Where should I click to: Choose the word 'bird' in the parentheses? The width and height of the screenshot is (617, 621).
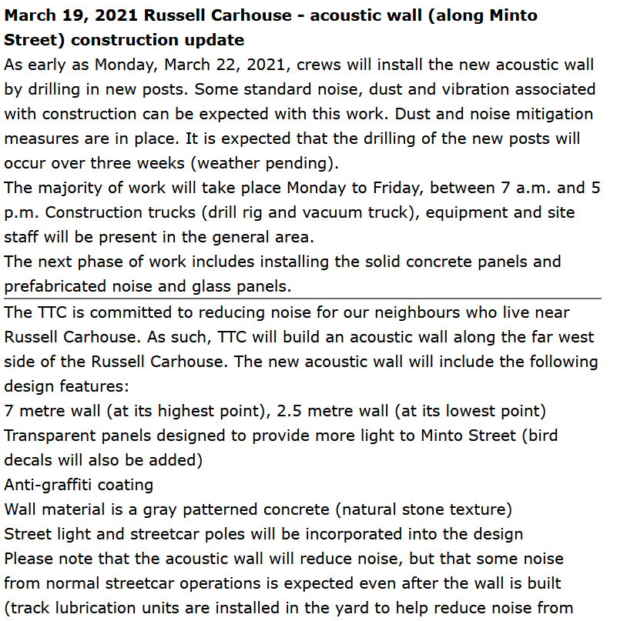tap(542, 436)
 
